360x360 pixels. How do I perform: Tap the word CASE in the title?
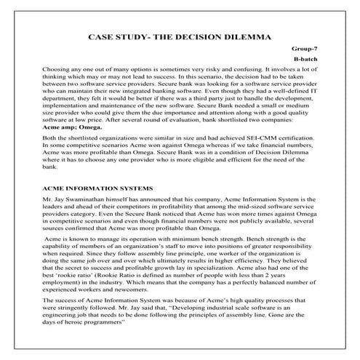(x=103, y=35)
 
